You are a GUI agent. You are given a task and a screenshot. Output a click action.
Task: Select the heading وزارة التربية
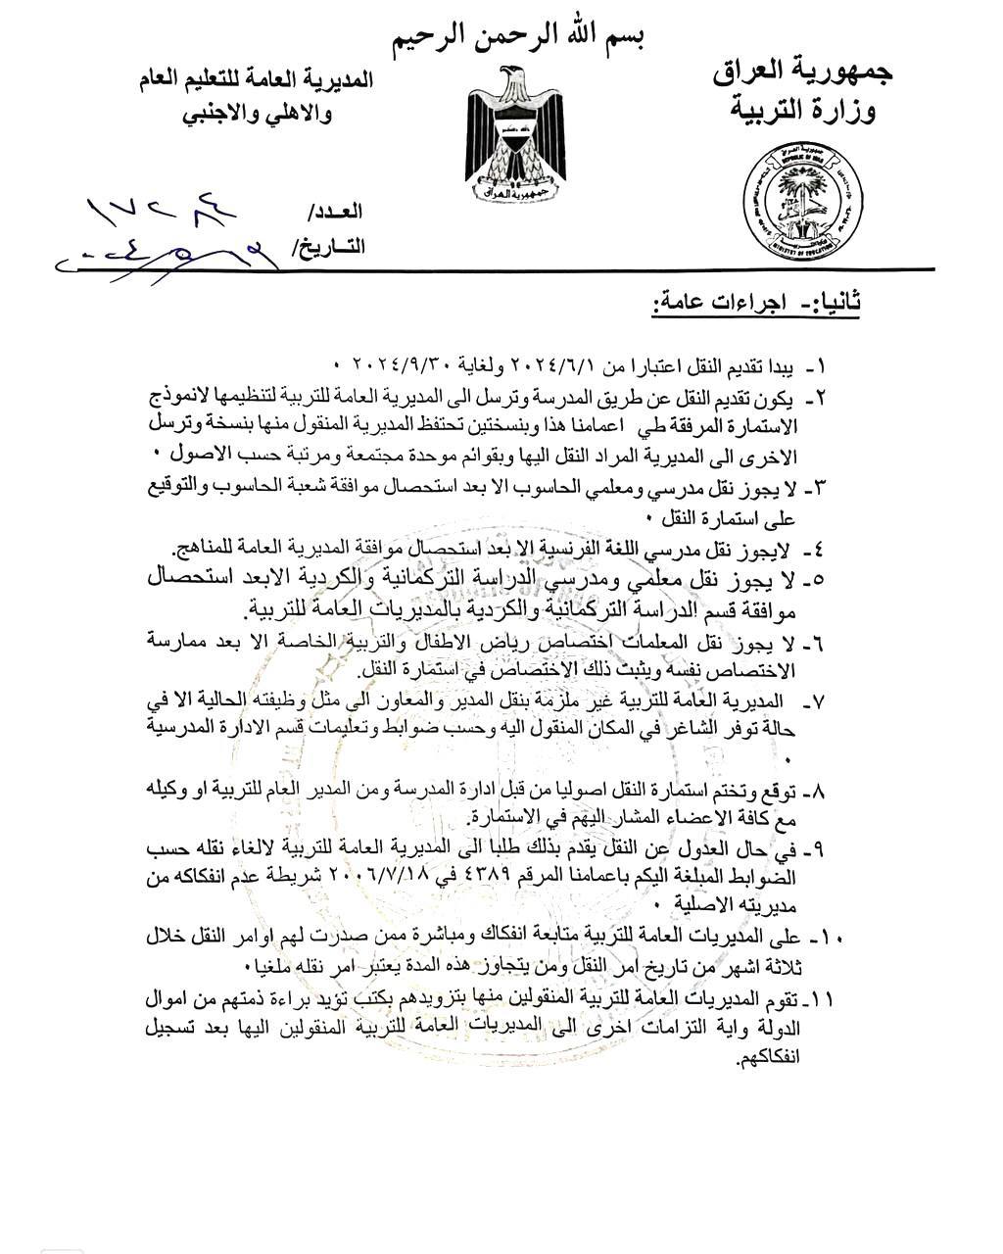[804, 110]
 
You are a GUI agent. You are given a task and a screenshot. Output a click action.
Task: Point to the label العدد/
[336, 213]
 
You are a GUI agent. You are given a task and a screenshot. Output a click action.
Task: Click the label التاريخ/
[328, 247]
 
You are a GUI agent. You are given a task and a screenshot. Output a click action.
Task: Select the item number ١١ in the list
[821, 999]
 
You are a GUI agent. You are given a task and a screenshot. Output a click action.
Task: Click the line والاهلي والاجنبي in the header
[258, 115]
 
